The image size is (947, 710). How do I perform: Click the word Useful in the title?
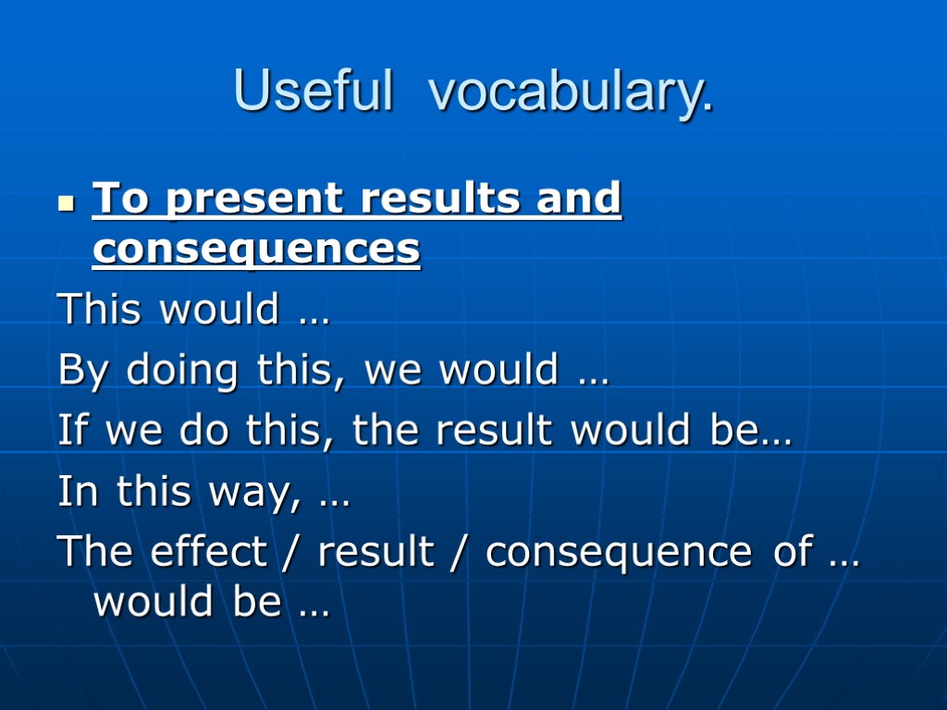point(313,91)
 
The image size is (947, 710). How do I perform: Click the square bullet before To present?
point(65,202)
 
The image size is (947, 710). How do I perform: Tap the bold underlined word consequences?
point(256,250)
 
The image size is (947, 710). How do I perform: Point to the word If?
point(74,431)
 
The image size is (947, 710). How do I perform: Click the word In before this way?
point(79,492)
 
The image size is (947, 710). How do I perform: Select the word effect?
point(208,552)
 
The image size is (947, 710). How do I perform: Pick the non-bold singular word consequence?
point(618,553)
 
